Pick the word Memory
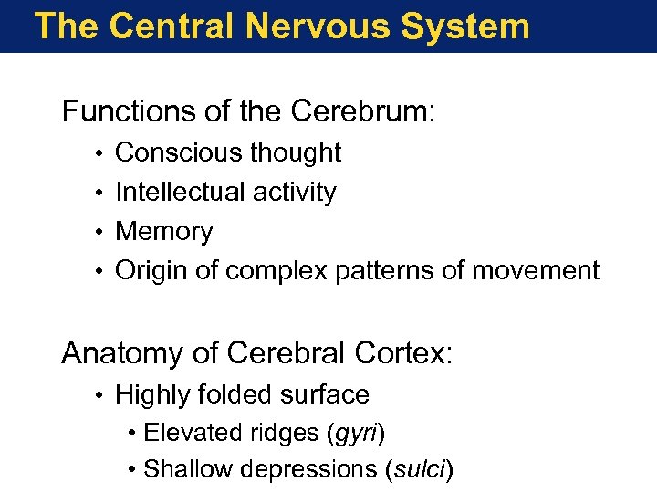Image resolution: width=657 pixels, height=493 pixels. (x=164, y=232)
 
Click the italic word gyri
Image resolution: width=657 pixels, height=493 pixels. (x=356, y=433)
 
